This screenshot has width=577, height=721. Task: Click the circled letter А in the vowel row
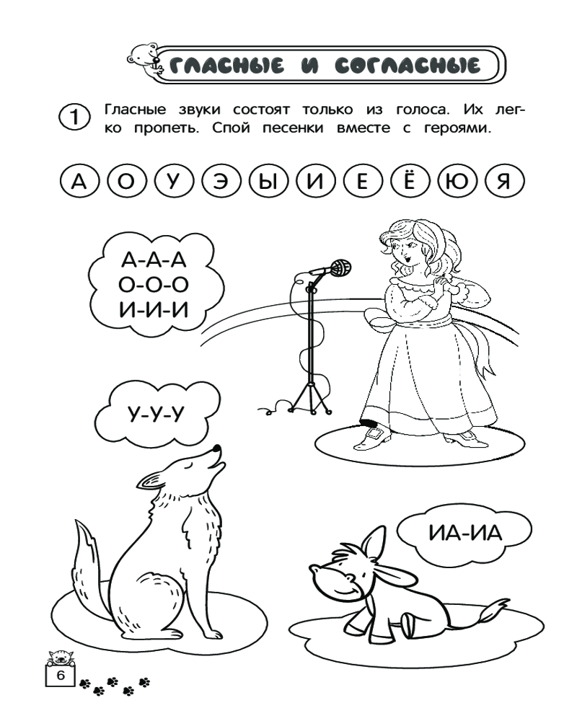pyautogui.click(x=79, y=182)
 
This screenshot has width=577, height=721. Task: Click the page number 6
pyautogui.click(x=61, y=676)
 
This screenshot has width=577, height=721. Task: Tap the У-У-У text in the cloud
pyautogui.click(x=155, y=415)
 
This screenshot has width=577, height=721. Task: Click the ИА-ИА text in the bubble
pyautogui.click(x=465, y=534)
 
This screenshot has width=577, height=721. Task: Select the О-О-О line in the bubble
pyautogui.click(x=154, y=285)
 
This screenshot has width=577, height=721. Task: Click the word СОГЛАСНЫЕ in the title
pyautogui.click(x=408, y=66)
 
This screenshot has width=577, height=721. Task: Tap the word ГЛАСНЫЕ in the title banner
pyautogui.click(x=226, y=66)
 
